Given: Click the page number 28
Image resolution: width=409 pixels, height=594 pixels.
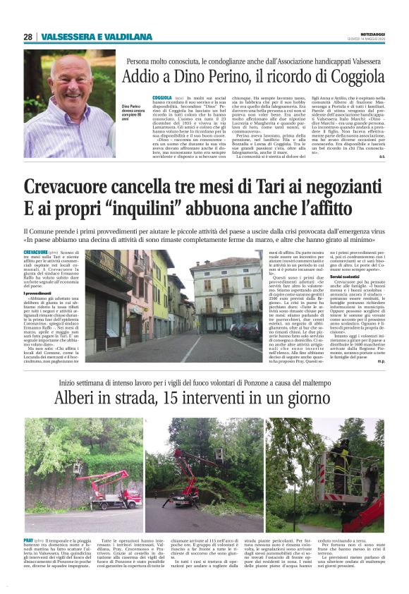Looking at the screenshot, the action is pyautogui.click(x=28, y=37).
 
